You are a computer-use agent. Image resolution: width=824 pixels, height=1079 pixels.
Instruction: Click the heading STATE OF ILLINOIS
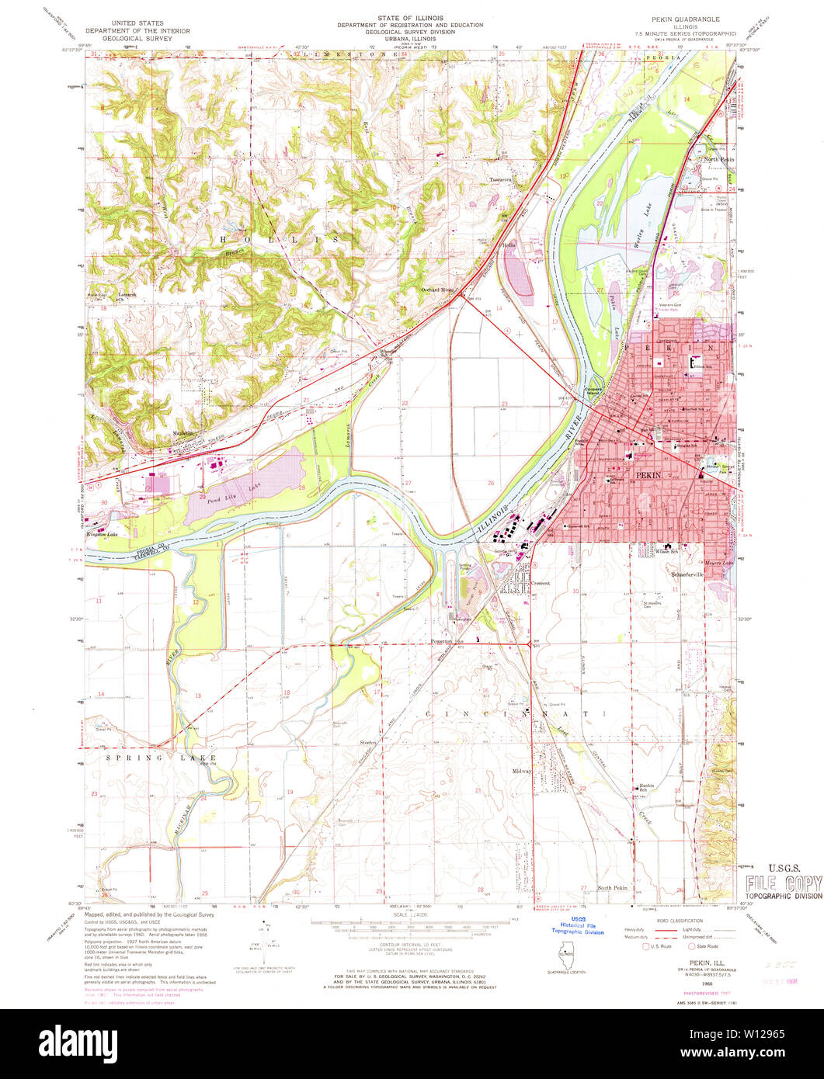click(409, 17)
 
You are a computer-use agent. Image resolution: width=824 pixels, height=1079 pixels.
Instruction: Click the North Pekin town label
click(718, 160)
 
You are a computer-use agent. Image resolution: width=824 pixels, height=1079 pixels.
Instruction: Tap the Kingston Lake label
click(105, 534)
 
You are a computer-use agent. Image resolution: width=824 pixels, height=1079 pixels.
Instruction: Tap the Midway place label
click(521, 771)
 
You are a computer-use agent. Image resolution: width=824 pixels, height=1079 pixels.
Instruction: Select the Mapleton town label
click(183, 433)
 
